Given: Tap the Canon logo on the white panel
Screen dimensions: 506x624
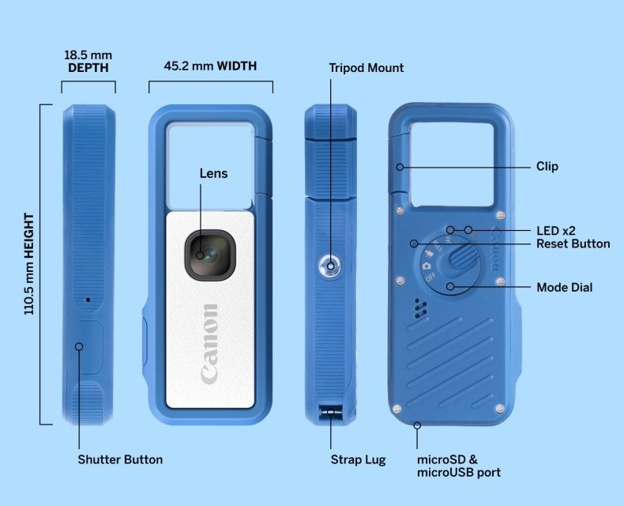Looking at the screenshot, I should tap(209, 343).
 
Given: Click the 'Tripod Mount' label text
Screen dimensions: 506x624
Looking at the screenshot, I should tap(366, 68).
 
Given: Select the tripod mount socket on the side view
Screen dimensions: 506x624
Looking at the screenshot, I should tap(329, 266).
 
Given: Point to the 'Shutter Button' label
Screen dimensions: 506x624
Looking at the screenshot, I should tap(120, 459).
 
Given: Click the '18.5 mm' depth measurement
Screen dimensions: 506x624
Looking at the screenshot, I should tap(88, 55).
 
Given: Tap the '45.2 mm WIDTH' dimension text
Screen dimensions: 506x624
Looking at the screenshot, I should tap(210, 66).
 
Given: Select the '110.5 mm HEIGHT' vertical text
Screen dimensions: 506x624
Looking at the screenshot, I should tap(29, 263).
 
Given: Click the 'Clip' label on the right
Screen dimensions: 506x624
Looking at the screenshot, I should tap(547, 166).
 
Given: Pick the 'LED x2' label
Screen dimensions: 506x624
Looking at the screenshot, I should tap(556, 230).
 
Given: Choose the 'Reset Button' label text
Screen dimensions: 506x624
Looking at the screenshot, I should tap(573, 244).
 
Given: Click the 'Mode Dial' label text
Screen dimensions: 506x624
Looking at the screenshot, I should tap(564, 287).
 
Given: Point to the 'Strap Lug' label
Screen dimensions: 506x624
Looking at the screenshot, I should tap(358, 459).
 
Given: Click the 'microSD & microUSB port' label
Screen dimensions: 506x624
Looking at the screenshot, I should tap(459, 466).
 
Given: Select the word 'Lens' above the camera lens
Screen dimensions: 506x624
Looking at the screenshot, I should tap(213, 173).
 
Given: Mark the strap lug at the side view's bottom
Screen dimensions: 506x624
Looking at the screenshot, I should tap(329, 413).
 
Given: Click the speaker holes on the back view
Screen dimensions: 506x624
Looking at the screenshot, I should tap(419, 308).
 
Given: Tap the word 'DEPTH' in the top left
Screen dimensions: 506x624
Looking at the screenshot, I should tap(88, 68).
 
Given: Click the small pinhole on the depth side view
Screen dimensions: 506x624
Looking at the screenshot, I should tap(88, 300).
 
